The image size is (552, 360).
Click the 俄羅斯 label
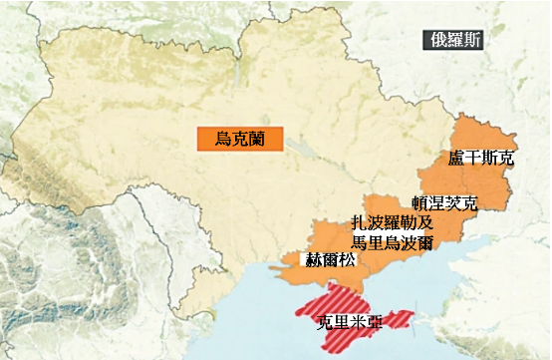(x=452, y=41)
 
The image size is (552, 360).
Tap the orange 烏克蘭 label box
(x=239, y=138)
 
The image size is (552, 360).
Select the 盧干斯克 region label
(x=481, y=159)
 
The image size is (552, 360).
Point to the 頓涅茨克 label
(x=444, y=203)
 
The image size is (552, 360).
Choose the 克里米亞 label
(x=349, y=323)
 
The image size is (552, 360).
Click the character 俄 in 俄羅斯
(x=433, y=41)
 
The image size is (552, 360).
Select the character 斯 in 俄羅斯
(x=472, y=41)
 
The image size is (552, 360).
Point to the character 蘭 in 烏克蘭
(x=257, y=138)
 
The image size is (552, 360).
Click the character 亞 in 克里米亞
(x=375, y=323)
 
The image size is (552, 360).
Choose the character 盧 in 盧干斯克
(x=456, y=159)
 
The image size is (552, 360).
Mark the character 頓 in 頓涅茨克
(x=419, y=203)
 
